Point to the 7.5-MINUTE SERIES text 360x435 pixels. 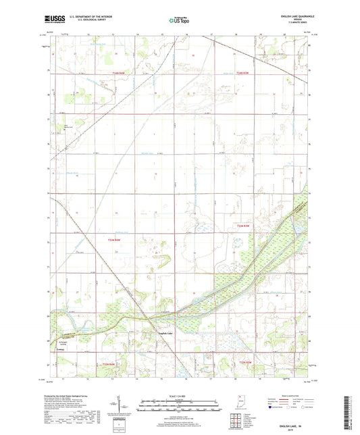pyautogui.click(x=294, y=25)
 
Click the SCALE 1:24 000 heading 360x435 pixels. pyautogui.click(x=179, y=396)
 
